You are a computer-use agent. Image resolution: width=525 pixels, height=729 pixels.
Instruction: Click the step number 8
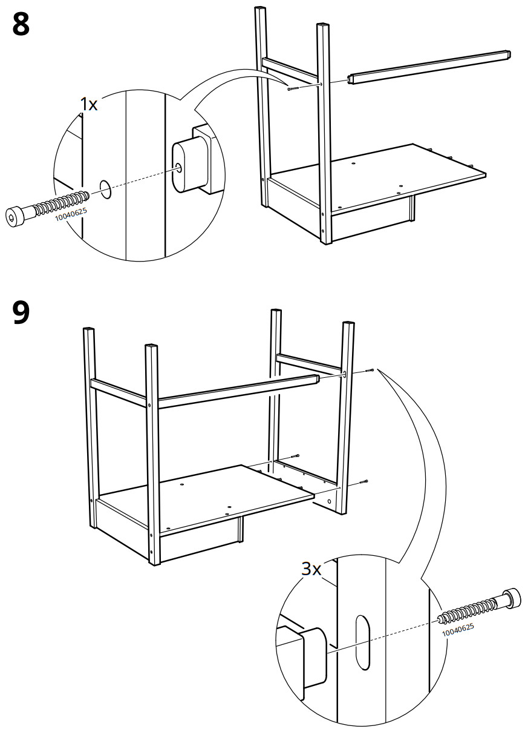(21, 24)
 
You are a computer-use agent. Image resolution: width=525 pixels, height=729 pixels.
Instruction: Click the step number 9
(21, 312)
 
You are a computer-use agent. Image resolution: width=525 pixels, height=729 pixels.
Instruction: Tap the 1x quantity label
(88, 104)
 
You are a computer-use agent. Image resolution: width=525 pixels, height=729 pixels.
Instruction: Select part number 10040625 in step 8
(71, 215)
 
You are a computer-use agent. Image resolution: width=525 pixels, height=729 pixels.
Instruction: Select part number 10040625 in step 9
(458, 630)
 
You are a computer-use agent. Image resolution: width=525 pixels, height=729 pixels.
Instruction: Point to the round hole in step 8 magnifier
(106, 189)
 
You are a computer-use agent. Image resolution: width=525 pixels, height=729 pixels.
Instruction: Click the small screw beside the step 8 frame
(293, 88)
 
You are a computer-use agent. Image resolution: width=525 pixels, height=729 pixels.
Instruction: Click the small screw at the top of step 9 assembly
(369, 371)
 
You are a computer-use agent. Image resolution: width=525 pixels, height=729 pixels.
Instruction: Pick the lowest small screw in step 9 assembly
(363, 481)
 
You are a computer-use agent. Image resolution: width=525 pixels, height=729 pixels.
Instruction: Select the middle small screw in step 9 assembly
(294, 456)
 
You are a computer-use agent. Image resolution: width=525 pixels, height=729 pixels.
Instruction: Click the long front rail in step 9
(237, 392)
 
